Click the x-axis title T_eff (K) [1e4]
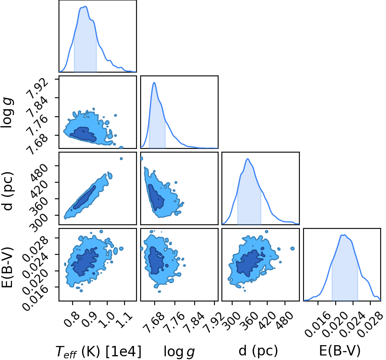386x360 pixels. click(99, 351)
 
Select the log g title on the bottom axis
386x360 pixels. click(179, 352)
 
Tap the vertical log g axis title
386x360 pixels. click(7, 112)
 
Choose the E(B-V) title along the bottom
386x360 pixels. click(340, 351)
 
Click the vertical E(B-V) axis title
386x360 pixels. click(7, 267)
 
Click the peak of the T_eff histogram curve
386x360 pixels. click(85, 7)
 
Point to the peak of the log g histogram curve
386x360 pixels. click(154, 82)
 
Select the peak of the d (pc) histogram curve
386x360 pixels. click(248, 159)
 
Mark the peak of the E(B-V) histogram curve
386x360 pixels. click(343, 235)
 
